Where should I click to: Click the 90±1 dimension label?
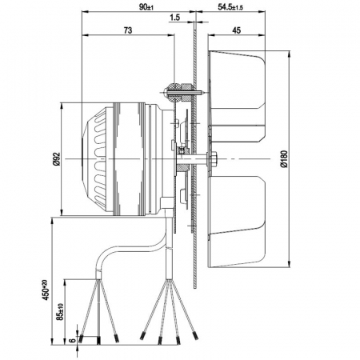146,7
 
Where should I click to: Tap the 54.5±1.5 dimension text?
230,7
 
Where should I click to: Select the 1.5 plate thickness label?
174,18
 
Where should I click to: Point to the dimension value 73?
128,30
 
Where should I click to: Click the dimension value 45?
236,30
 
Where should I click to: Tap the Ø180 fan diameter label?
284,159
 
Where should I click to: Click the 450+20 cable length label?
46,290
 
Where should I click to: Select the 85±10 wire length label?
60,311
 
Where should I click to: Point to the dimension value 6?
72,341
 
